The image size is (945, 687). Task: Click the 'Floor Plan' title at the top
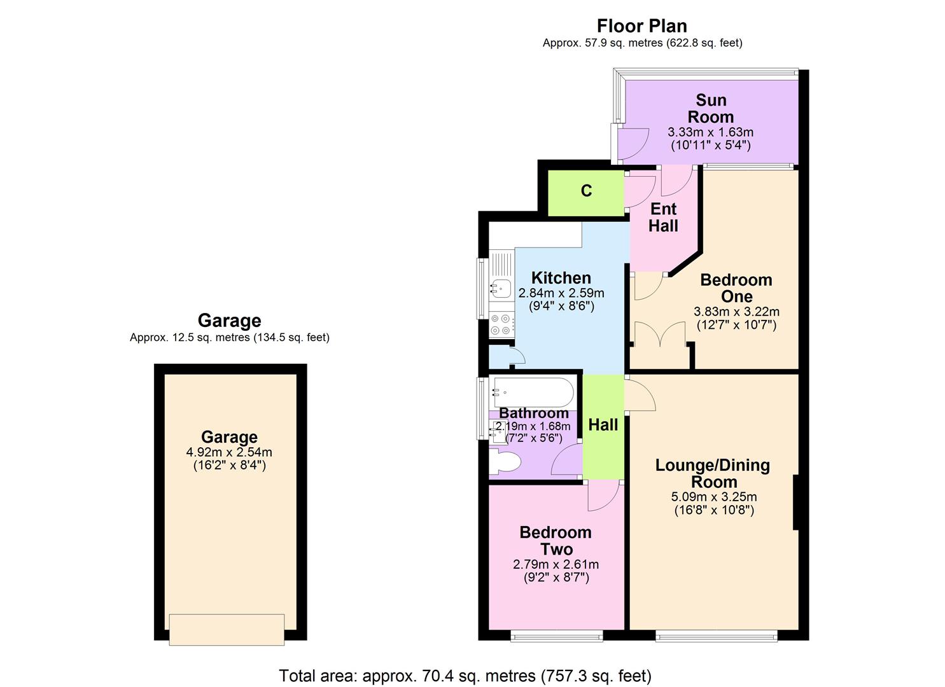tap(641, 26)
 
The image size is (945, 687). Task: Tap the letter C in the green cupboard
tap(586, 191)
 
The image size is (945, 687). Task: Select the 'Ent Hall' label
tap(663, 218)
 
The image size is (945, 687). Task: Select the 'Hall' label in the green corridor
tap(603, 425)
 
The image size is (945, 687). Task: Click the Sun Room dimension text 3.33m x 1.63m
tap(710, 132)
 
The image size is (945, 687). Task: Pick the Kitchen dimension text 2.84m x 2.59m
tap(561, 293)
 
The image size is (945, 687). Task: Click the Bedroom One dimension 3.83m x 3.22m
tap(736, 312)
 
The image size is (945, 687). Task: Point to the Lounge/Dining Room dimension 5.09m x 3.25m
tap(714, 497)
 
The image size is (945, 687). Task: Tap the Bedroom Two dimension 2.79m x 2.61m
tap(556, 564)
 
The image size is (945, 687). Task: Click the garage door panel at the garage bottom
tap(227, 629)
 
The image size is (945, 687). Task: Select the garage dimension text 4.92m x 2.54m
tap(229, 452)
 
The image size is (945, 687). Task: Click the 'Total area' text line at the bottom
tap(465, 676)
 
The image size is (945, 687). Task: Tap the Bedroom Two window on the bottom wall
tap(556, 636)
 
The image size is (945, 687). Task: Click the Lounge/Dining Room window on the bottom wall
tap(717, 636)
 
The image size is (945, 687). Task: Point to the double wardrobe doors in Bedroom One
tap(660, 333)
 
